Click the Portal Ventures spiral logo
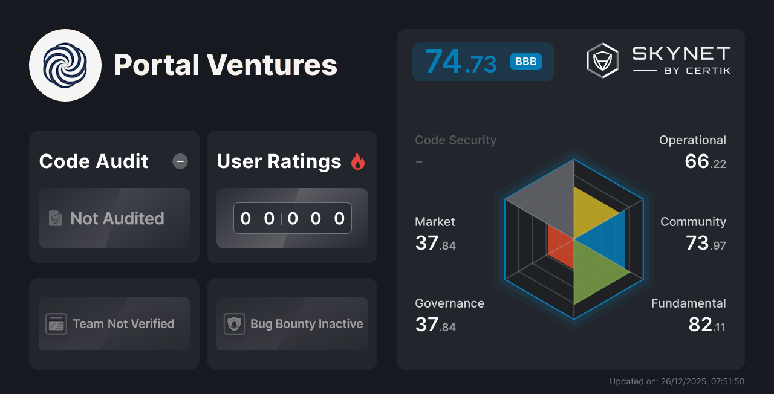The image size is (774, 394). pos(65,65)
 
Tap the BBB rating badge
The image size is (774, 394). pos(525,62)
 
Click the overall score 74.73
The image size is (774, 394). pos(461,62)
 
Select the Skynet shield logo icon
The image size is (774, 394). pos(602,60)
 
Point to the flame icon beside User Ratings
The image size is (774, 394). pos(358,161)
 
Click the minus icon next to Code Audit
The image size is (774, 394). pos(180,161)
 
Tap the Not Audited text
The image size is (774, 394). pos(117,218)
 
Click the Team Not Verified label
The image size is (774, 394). pos(123,324)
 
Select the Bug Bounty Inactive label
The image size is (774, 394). pos(307,324)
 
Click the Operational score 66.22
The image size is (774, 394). pos(705,161)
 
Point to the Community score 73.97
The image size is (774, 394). pos(705,243)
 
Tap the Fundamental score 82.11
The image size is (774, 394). pos(706,325)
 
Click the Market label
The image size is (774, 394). pos(435,222)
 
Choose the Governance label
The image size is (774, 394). pos(449,303)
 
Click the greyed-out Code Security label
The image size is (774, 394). pos(455,140)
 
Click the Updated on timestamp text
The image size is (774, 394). pos(677,381)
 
